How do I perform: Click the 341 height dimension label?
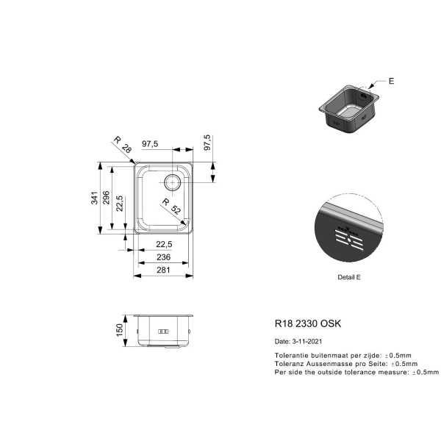pyautogui.click(x=95, y=198)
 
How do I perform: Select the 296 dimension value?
pyautogui.click(x=107, y=198)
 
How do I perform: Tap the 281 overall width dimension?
pyautogui.click(x=163, y=270)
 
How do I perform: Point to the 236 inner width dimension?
pyautogui.click(x=163, y=257)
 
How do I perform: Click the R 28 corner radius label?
pyautogui.click(x=123, y=145)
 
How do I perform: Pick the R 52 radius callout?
pyautogui.click(x=171, y=206)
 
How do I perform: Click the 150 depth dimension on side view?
pyautogui.click(x=120, y=330)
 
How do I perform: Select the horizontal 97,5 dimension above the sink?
pyautogui.click(x=150, y=144)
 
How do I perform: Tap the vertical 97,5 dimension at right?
pyautogui.click(x=207, y=143)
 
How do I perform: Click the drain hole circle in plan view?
pyautogui.click(x=172, y=175)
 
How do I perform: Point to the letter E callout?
pyautogui.click(x=391, y=82)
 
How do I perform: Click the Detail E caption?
pyautogui.click(x=348, y=277)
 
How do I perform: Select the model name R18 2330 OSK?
pyautogui.click(x=308, y=323)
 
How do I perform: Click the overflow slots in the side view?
pyautogui.click(x=163, y=331)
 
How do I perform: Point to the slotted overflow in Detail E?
pyautogui.click(x=348, y=240)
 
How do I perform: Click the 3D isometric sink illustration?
pyautogui.click(x=348, y=109)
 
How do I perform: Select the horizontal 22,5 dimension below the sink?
pyautogui.click(x=164, y=244)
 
